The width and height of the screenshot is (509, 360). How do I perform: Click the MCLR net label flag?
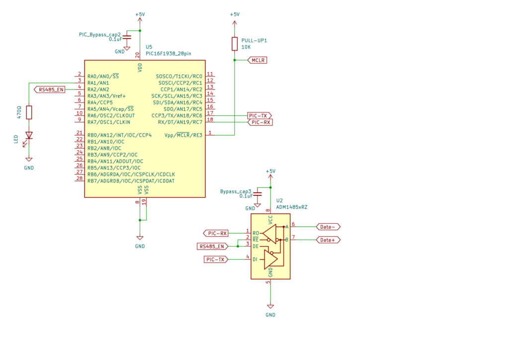pyautogui.click(x=257, y=60)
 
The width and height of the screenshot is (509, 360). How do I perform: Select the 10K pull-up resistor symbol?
pyautogui.click(x=235, y=44)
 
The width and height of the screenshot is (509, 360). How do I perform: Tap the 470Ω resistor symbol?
pyautogui.click(x=29, y=112)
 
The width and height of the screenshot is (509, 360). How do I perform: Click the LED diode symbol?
pyautogui.click(x=28, y=136)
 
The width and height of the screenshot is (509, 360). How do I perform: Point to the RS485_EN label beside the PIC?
pyautogui.click(x=50, y=90)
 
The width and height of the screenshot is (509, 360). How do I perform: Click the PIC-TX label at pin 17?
pyautogui.click(x=259, y=116)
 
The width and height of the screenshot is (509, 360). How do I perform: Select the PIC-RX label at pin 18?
pyautogui.click(x=260, y=122)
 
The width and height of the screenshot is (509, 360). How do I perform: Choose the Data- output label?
pyautogui.click(x=328, y=227)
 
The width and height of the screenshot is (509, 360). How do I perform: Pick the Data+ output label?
pyautogui.click(x=328, y=240)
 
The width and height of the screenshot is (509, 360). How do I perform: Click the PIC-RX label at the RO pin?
pyautogui.click(x=216, y=233)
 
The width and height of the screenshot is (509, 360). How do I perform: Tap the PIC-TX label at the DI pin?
pyautogui.click(x=216, y=260)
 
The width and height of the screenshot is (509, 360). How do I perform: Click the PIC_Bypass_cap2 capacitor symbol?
pyautogui.click(x=127, y=37)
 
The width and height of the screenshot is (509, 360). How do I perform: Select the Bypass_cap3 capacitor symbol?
pyautogui.click(x=257, y=194)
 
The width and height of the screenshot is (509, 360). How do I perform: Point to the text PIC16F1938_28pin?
pyautogui.click(x=169, y=54)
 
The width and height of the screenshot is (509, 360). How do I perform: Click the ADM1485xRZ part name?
pyautogui.click(x=292, y=207)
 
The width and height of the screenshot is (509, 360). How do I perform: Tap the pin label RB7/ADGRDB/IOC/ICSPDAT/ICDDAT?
pyautogui.click(x=131, y=181)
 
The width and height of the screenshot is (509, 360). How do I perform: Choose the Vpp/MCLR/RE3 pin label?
pyautogui.click(x=183, y=135)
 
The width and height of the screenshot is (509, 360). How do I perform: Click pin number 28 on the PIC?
pyautogui.click(x=80, y=178)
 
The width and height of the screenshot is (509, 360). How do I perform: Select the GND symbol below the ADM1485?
pyautogui.click(x=270, y=306)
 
